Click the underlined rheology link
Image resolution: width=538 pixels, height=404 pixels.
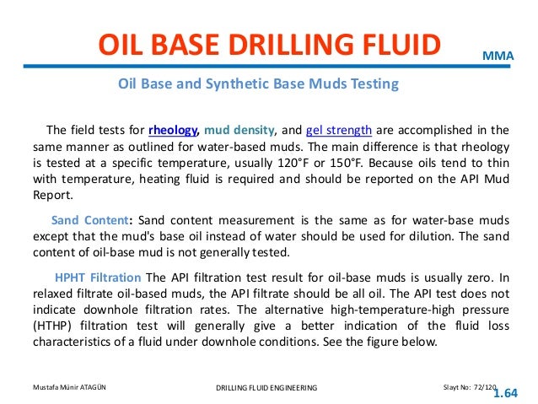[x=172, y=130]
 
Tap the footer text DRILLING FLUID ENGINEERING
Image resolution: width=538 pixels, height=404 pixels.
[x=266, y=387]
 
